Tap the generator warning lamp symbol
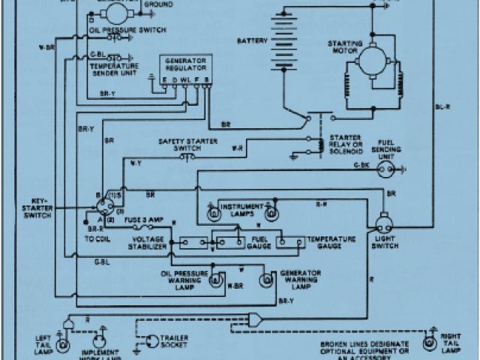pos(265,280)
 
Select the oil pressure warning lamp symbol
pos(215,280)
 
